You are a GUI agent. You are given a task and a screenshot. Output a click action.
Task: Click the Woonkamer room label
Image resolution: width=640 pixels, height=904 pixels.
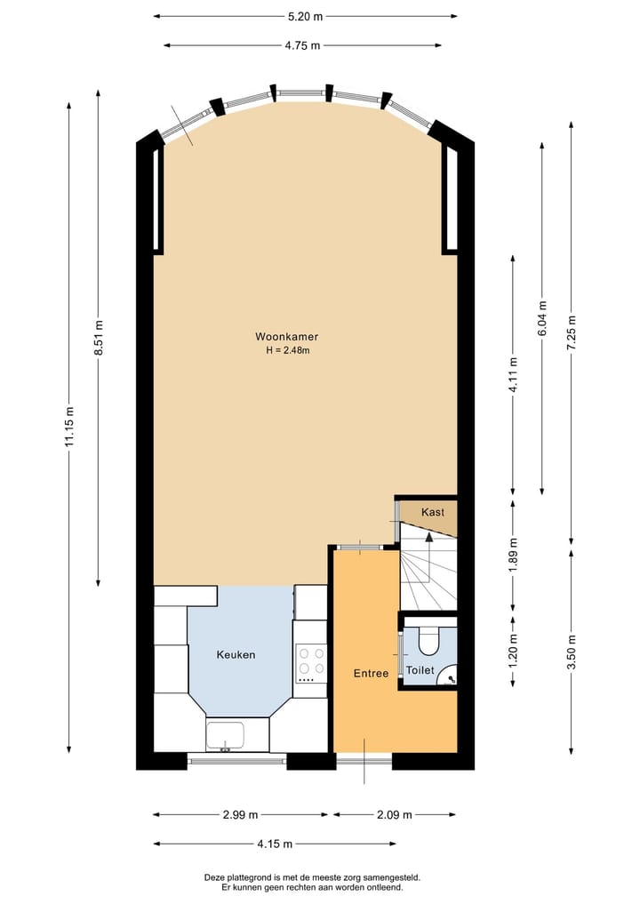click(x=286, y=337)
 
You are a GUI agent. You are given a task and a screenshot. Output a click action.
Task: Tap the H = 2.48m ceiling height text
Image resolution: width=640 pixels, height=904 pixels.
click(x=286, y=350)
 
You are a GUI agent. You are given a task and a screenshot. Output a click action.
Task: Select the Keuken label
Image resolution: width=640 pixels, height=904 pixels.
click(x=236, y=655)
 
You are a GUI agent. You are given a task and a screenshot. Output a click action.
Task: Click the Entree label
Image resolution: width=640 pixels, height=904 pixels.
click(x=371, y=674)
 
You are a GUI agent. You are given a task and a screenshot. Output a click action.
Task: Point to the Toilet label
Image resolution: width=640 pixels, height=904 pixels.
click(x=420, y=670)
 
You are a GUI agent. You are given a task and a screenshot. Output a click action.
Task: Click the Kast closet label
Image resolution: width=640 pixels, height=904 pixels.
click(x=433, y=513)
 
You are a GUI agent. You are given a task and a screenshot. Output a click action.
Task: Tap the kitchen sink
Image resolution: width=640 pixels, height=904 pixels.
click(x=225, y=736)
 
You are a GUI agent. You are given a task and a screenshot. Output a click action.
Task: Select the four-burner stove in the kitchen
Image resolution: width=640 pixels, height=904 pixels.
click(x=311, y=662)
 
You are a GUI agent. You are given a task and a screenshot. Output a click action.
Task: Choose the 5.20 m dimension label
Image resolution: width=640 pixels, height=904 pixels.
click(x=305, y=16)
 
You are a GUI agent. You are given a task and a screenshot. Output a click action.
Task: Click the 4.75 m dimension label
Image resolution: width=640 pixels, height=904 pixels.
click(x=302, y=46)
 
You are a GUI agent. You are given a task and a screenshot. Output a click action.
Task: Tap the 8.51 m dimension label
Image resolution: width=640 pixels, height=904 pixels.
click(x=99, y=338)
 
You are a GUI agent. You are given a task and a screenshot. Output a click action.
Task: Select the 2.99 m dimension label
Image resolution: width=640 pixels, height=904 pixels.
click(x=240, y=814)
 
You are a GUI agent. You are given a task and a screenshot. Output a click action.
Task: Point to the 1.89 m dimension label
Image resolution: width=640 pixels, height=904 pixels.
click(x=513, y=554)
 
